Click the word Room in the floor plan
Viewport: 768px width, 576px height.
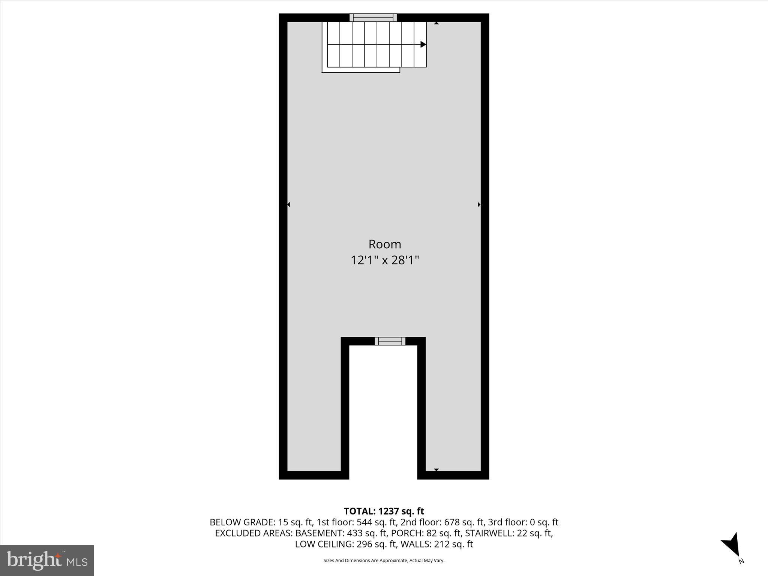[x=385, y=244]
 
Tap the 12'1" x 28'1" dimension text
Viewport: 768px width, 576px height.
[x=385, y=260]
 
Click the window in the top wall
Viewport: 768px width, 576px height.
[x=373, y=18]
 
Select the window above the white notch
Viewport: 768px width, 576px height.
[x=390, y=341]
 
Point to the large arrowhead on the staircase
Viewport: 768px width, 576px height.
[x=423, y=44]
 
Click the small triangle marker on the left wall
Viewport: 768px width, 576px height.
[x=288, y=204]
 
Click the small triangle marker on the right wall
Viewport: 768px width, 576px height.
[x=479, y=204]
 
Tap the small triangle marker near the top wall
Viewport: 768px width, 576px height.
[x=436, y=23]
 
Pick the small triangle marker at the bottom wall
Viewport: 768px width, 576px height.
[x=436, y=469]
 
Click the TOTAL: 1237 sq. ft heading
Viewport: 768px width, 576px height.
[x=384, y=511]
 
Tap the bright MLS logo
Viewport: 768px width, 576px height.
[x=47, y=560]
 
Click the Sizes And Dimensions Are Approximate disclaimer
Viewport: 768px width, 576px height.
[x=384, y=560]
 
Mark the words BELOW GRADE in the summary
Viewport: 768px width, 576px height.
[x=241, y=522]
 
